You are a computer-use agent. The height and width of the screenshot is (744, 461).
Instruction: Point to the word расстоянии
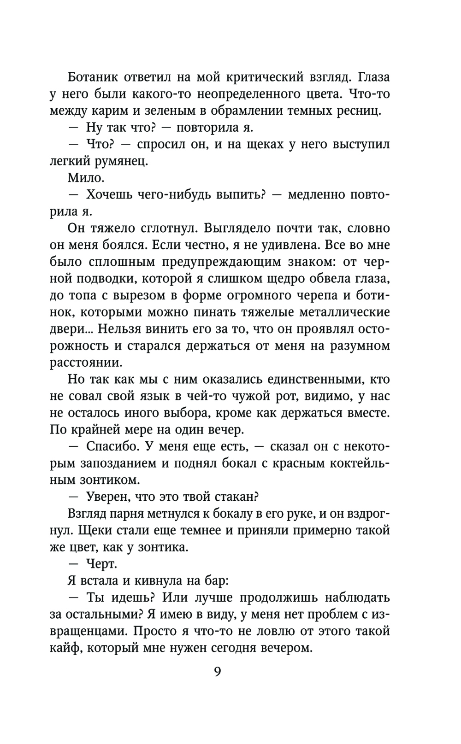click(86, 362)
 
